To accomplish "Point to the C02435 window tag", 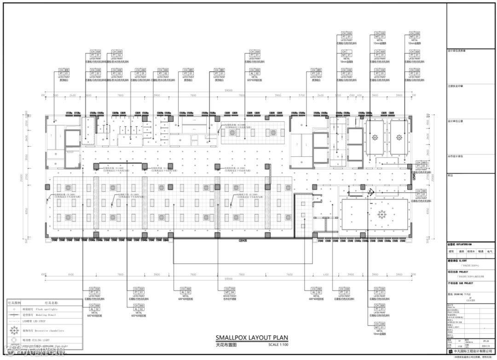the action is [243, 240].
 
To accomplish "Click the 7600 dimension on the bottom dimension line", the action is [290, 274].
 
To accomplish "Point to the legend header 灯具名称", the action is [51, 303].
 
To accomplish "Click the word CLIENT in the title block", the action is [464, 260].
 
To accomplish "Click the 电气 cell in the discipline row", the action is [489, 251].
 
